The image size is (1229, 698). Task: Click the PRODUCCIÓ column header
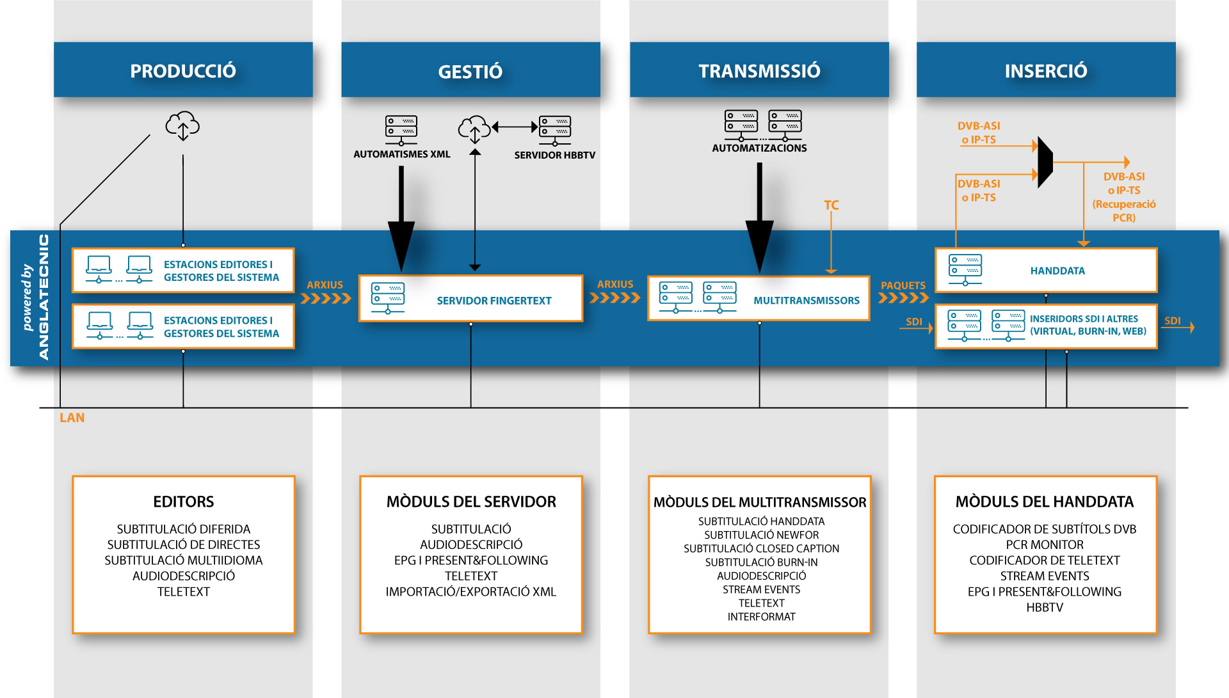pyautogui.click(x=183, y=70)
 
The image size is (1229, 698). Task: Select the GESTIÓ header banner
pyautogui.click(x=470, y=70)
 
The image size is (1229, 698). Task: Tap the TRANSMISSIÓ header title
pyautogui.click(x=759, y=70)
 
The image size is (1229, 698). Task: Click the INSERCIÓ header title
pyautogui.click(x=1046, y=70)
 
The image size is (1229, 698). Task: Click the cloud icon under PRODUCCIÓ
pyautogui.click(x=182, y=126)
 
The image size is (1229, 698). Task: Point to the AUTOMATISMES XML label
pyautogui.click(x=402, y=154)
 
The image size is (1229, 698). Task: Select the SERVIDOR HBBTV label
pyautogui.click(x=555, y=155)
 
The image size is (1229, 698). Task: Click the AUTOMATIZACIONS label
pyautogui.click(x=760, y=148)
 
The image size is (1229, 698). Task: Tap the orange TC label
pyautogui.click(x=831, y=205)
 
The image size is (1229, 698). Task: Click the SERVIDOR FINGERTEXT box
pyautogui.click(x=471, y=299)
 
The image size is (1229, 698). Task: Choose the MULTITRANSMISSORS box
pyautogui.click(x=759, y=299)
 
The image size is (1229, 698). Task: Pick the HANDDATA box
pyautogui.click(x=1046, y=270)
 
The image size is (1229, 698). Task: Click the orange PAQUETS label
pyautogui.click(x=903, y=285)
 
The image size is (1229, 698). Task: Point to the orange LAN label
pyautogui.click(x=72, y=418)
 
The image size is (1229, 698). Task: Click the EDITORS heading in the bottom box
pyautogui.click(x=184, y=502)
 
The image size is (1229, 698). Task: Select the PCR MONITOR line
pyautogui.click(x=1045, y=545)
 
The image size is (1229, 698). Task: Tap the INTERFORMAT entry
pyautogui.click(x=761, y=617)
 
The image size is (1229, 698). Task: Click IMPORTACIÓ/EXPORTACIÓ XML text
pyautogui.click(x=471, y=592)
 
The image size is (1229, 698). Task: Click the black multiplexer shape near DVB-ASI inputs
pyautogui.click(x=1045, y=162)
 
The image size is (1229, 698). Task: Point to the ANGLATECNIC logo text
pyautogui.click(x=44, y=297)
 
